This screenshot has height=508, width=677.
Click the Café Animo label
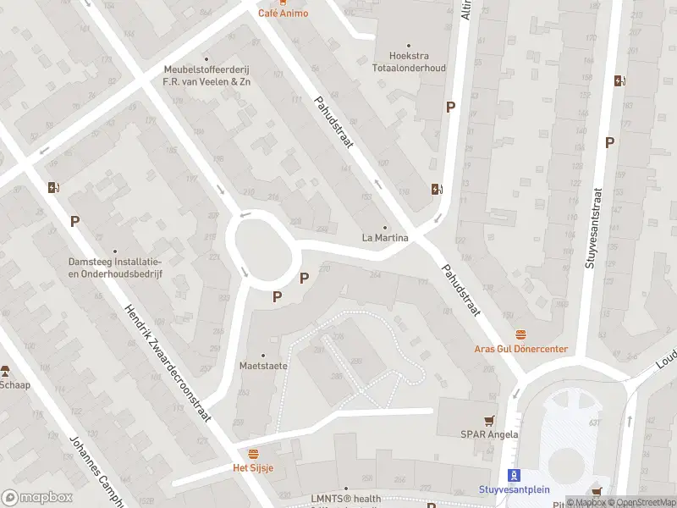(283, 14)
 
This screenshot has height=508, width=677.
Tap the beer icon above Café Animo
(283, 2)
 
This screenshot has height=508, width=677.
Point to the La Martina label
(385, 238)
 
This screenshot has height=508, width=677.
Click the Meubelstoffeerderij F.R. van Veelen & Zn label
(207, 76)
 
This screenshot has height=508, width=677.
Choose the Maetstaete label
(263, 366)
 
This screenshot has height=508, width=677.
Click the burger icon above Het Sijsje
(253, 454)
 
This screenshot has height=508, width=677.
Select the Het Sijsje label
(253, 467)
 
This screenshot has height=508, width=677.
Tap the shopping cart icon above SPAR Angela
(488, 420)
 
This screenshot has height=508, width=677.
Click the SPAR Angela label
(489, 434)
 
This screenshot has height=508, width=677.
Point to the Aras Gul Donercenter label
(520, 349)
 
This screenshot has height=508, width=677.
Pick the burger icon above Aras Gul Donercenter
(520, 335)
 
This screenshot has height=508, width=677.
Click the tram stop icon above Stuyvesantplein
(511, 475)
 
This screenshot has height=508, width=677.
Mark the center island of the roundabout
(261, 247)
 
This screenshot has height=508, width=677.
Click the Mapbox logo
(37, 498)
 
